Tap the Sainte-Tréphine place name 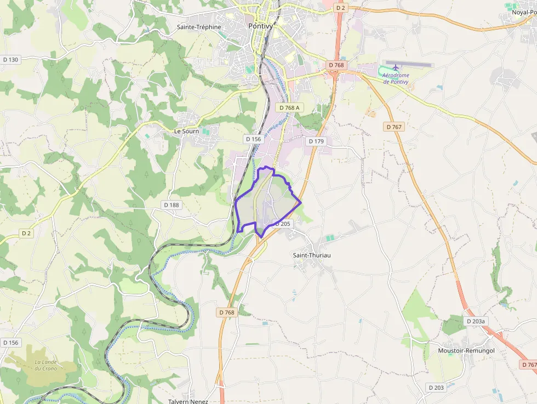pos(199,27)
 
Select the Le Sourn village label pos(186,132)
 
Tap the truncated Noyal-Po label pos(524,13)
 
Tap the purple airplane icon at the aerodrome pos(396,67)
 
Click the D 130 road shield pos(10,60)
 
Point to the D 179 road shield pos(316,141)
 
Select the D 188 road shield pos(172,205)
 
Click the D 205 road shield pos(282,224)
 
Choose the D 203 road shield pos(436,388)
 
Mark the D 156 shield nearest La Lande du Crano pos(10,343)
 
